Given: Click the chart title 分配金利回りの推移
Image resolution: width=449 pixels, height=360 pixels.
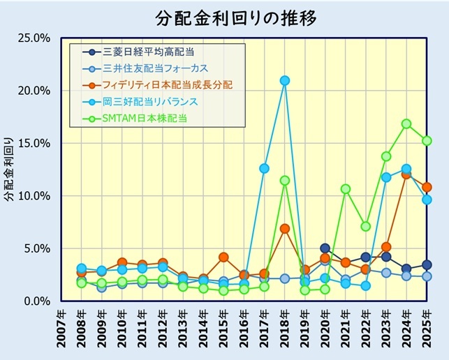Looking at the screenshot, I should tap(223, 17).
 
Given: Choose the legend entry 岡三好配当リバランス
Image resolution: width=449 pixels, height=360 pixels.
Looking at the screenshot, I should tap(150, 102).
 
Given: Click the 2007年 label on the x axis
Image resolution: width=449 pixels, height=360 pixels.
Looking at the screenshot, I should tap(61, 331).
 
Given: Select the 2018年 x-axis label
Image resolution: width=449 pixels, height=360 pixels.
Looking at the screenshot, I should tap(284, 331).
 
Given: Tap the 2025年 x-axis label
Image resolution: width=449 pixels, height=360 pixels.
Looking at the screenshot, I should tap(426, 331).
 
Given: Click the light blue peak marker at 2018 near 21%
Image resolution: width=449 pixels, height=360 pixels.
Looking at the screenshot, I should tap(284, 80).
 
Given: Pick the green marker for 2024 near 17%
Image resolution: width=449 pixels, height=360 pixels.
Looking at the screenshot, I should tap(406, 123).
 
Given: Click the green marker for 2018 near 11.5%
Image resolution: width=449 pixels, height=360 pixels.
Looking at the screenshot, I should tap(284, 180).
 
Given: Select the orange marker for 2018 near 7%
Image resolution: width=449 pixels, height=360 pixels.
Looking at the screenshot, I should tap(284, 228).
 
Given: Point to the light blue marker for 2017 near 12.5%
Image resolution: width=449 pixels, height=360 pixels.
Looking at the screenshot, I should tap(264, 168).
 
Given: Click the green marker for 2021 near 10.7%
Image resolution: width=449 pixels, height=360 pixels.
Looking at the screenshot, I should tap(345, 188).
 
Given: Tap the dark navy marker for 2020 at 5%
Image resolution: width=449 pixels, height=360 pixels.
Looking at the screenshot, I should tap(325, 248).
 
